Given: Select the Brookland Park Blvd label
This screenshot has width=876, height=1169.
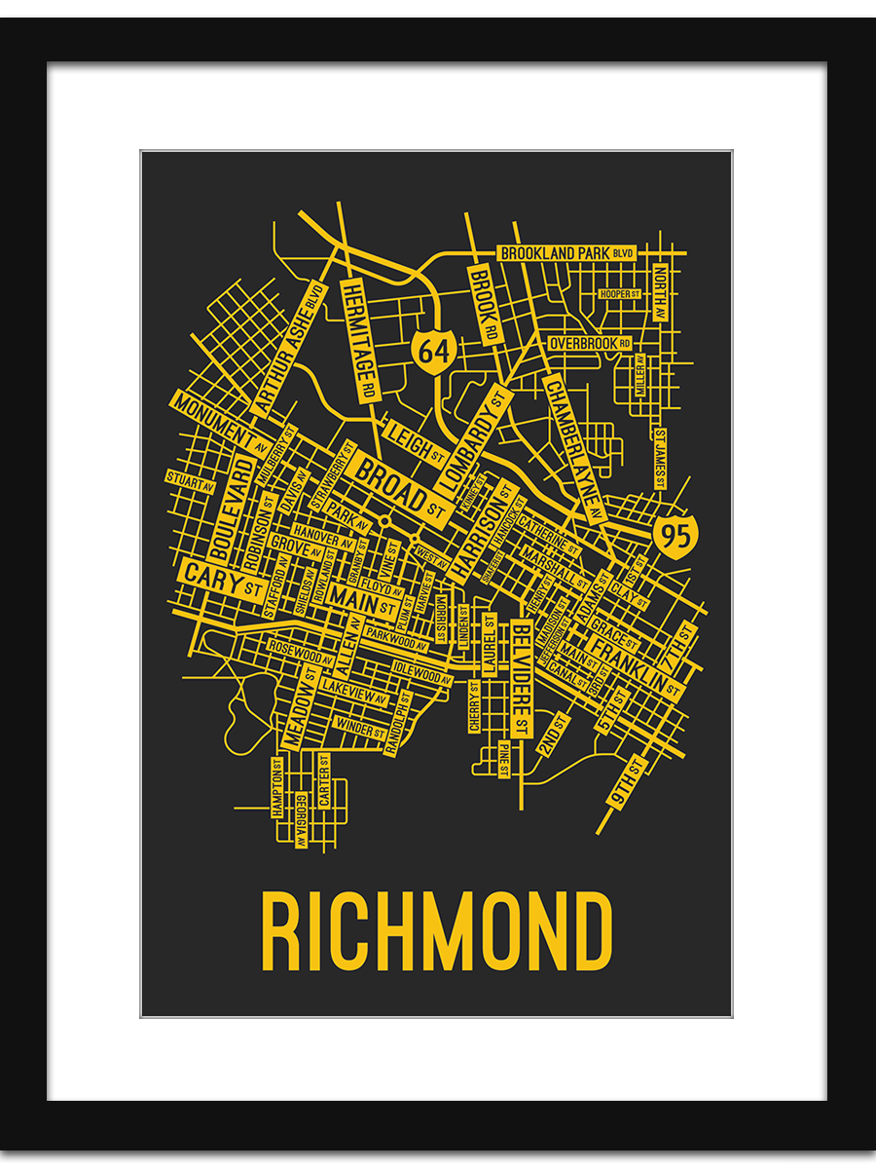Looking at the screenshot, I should point(567,253).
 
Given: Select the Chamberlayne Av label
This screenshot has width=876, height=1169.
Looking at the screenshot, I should point(572,444).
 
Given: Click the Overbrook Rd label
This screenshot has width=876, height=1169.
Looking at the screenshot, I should point(590,344).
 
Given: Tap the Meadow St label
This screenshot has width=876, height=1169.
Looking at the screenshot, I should point(299,712).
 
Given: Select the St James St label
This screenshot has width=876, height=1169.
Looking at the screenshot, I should point(660,458).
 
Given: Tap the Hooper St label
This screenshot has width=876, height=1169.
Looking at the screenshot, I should point(620,293).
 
